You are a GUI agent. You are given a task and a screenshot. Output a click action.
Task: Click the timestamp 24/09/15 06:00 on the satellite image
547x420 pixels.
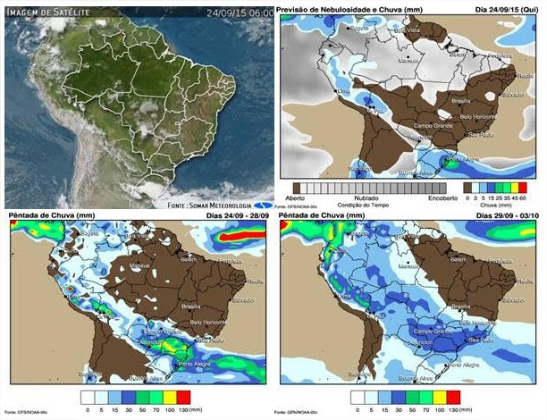[x=240, y=13]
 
